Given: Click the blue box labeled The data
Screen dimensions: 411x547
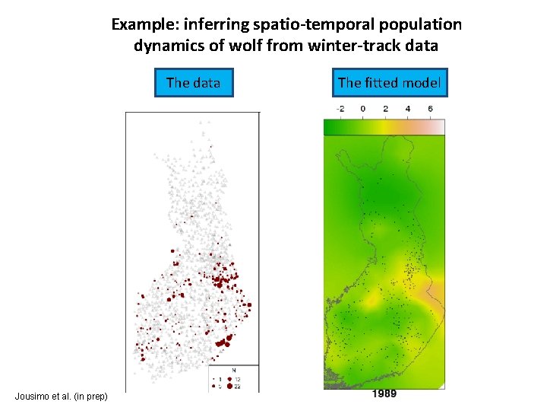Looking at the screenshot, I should coord(193,82).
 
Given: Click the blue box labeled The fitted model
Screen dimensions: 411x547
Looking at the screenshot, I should coord(389,82).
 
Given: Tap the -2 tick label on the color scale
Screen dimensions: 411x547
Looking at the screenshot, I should coord(340,109).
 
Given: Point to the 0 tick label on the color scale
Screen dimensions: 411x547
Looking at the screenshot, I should coord(362,109).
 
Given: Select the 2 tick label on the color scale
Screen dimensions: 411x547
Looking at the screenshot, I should coord(385,109).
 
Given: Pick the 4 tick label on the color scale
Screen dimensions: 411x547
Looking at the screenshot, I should coord(408,109).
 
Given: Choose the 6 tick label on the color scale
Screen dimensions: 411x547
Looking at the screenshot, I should coord(430,109).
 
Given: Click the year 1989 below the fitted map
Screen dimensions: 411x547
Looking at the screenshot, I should coord(384,393).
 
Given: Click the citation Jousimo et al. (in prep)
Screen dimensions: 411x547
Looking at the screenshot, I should coord(61,396).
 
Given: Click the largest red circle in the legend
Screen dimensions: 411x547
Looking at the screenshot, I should coord(230,387).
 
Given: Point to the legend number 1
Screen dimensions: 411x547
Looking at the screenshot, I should coord(221,378).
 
